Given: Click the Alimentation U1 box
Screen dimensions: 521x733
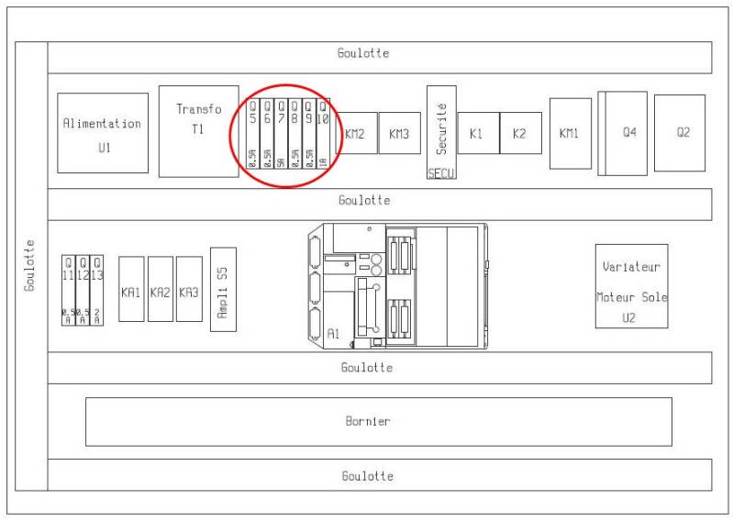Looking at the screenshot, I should pos(102,132).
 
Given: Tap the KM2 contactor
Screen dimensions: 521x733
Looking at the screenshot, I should pos(356,134).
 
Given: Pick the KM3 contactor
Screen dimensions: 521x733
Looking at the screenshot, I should pos(398,134).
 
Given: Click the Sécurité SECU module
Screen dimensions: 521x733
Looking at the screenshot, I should pos(441,132).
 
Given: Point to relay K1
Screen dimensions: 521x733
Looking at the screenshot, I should pos(477,133).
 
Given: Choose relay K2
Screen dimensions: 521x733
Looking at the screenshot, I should pos(520,133).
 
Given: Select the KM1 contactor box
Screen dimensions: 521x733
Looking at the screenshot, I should pos(570,133).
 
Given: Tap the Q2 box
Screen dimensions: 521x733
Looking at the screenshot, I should pos(681,133).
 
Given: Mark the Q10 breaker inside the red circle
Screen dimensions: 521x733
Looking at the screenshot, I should pos(323,133).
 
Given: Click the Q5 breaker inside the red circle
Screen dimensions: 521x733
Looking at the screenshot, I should pos(253,133).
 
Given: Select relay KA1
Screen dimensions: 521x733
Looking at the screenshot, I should pos(131,289).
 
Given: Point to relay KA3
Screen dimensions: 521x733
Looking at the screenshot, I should pos(189,289).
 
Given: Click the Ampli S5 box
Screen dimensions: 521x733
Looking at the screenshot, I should pos(223,289).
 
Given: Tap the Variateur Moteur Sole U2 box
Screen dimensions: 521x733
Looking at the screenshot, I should pos(631,285).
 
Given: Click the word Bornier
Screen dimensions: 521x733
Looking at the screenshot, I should pos(368,422).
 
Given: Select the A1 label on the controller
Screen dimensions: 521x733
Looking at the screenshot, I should pos(334,335).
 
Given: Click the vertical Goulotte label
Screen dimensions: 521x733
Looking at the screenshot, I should pos(29,265).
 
